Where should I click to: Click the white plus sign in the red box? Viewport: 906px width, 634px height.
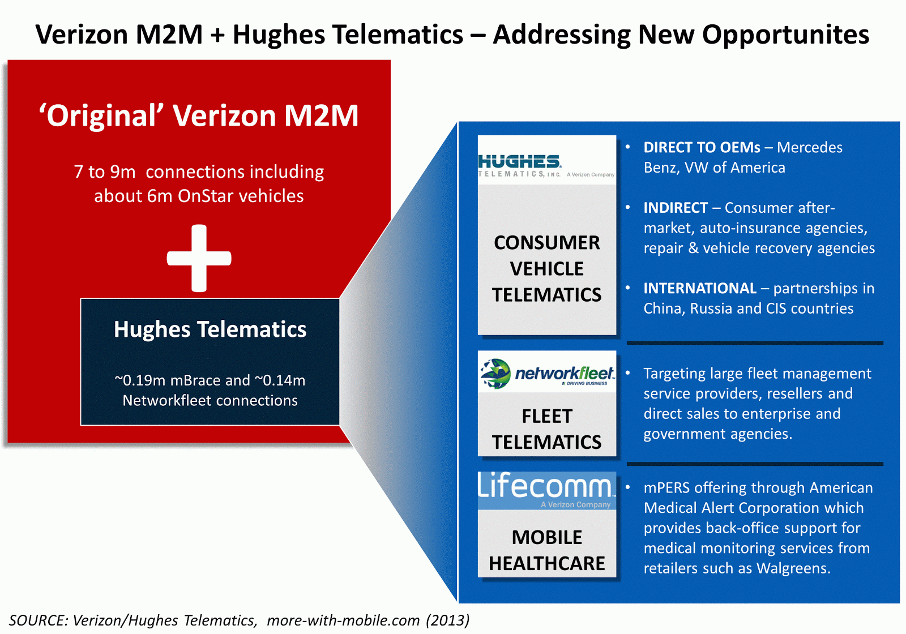pos(199,258)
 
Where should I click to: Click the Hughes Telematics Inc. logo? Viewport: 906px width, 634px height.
pos(546,165)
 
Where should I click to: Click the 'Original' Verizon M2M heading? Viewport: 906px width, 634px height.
pos(199,115)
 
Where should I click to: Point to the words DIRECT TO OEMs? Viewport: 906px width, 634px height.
pos(702,148)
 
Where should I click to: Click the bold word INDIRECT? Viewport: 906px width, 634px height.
pos(676,208)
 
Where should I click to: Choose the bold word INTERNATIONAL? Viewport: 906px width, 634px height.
pos(700,288)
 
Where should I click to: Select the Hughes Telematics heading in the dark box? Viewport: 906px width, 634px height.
pos(210,329)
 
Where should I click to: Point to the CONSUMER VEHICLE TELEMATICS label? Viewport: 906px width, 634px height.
pos(547,268)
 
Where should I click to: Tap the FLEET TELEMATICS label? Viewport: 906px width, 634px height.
pos(547,429)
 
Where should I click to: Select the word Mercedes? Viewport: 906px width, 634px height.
pos(810,148)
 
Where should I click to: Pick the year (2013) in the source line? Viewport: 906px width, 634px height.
pos(448,620)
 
